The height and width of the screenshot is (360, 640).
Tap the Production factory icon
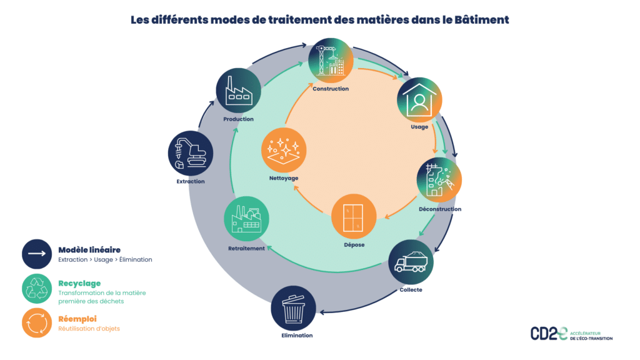[x=238, y=91]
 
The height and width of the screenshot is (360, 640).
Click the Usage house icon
[x=419, y=100]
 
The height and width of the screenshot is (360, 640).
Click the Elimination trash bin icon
[x=293, y=308]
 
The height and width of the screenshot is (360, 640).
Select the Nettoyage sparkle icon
[x=283, y=151]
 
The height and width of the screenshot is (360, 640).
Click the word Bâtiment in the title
[x=484, y=19]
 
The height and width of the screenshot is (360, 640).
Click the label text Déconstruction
[x=440, y=209]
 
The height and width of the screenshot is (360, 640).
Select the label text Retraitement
[x=246, y=249]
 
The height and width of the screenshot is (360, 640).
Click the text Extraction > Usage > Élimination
[x=105, y=259]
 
